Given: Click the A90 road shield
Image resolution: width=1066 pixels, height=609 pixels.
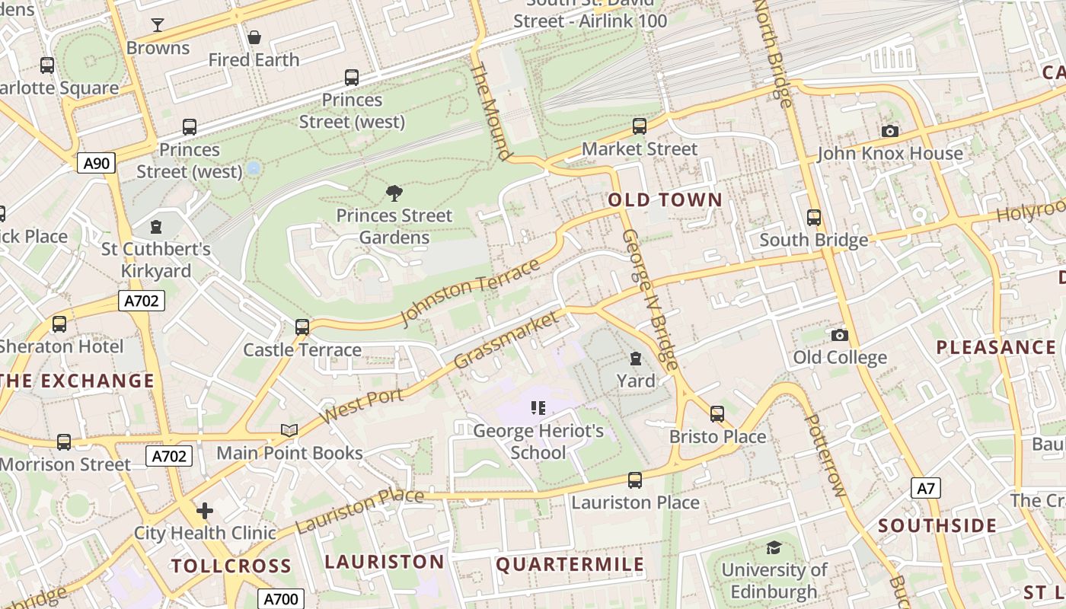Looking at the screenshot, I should [x=96, y=162].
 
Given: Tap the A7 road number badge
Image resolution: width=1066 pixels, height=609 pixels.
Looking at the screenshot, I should [x=925, y=488].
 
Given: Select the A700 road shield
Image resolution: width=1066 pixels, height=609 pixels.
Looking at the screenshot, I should [x=280, y=599].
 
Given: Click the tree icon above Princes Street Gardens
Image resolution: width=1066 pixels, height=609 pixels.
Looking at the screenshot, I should [x=394, y=193].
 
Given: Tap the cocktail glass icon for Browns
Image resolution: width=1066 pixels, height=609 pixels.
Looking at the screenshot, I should [x=158, y=25].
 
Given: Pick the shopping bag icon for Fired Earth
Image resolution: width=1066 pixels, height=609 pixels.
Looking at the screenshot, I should [x=254, y=37].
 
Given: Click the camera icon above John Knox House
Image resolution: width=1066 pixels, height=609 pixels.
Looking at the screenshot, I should [x=889, y=131].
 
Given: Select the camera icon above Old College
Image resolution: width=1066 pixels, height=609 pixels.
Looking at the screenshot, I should [x=839, y=335].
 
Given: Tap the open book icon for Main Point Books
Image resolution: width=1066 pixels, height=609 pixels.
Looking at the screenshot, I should [x=289, y=430].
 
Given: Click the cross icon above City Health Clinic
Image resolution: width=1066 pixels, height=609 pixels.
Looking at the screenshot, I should [x=205, y=510].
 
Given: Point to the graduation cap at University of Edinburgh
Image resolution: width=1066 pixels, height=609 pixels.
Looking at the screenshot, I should [x=774, y=547].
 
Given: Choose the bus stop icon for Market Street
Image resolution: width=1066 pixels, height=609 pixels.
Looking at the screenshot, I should [x=640, y=126].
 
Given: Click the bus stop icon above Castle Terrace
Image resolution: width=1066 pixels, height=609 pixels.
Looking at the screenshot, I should [x=302, y=327].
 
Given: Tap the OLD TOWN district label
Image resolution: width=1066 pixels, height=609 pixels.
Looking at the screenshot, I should [x=665, y=200].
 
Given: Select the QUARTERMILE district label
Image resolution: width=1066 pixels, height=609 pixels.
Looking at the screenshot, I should [x=570, y=564].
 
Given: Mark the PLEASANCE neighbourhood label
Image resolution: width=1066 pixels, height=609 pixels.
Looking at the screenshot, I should [x=996, y=348].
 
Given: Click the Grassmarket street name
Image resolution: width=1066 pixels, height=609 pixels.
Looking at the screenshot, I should [x=506, y=340].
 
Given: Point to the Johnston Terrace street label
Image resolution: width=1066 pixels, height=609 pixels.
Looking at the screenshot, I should [x=470, y=292].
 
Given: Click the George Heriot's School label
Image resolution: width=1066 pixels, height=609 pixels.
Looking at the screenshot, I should [x=538, y=442].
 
